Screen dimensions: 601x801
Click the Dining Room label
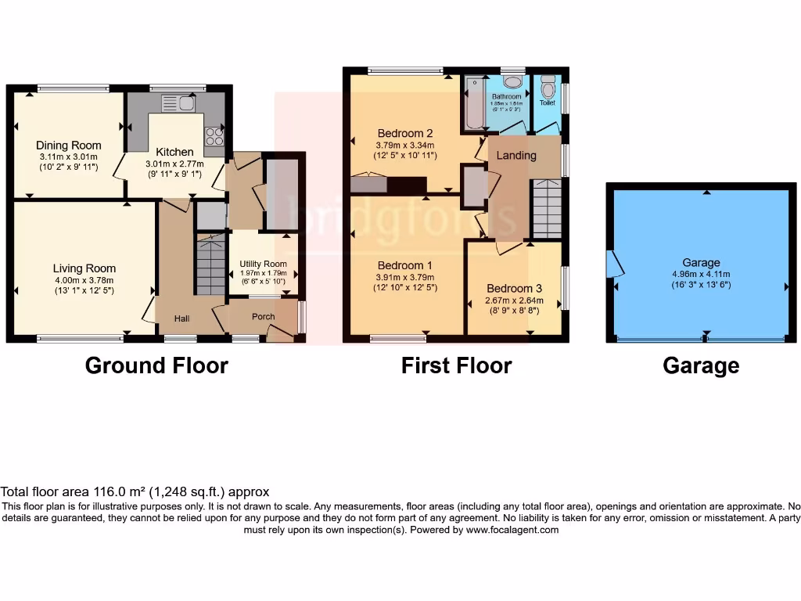pyautogui.click(x=69, y=145)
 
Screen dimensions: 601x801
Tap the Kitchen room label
pyautogui.click(x=174, y=152)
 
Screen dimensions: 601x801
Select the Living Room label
pyautogui.click(x=84, y=268)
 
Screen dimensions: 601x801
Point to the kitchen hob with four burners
pyautogui.click(x=214, y=137)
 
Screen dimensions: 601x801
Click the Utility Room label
pyautogui.click(x=263, y=264)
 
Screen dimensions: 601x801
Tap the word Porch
pyautogui.click(x=263, y=317)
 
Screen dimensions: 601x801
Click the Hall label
pyautogui.click(x=181, y=318)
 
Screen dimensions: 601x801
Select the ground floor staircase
pyautogui.click(x=210, y=267)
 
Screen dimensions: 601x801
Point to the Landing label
pyautogui.click(x=516, y=155)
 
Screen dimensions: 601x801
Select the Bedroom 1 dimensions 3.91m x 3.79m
pyautogui.click(x=405, y=276)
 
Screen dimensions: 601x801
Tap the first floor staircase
pyautogui.click(x=546, y=208)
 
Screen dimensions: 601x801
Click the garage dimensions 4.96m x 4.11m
pyautogui.click(x=701, y=274)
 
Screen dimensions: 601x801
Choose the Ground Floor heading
pyautogui.click(x=156, y=365)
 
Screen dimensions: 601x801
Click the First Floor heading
pyautogui.click(x=456, y=365)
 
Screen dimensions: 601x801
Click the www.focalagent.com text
pyautogui.click(x=512, y=530)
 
